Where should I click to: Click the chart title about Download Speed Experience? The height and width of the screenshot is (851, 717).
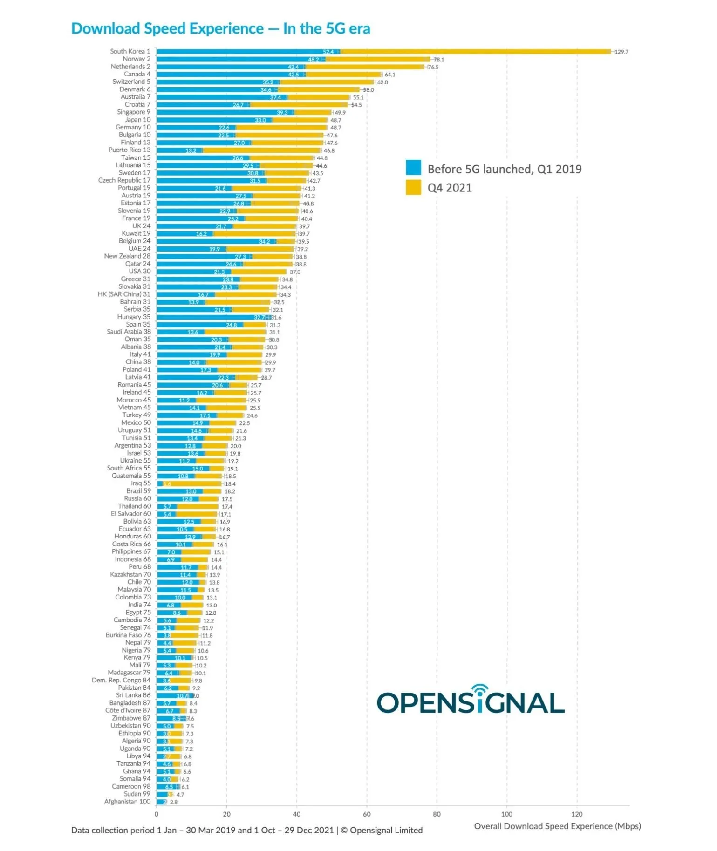[220, 28]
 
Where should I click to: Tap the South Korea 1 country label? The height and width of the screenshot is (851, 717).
[130, 51]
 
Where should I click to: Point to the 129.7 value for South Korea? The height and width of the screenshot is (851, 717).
[621, 52]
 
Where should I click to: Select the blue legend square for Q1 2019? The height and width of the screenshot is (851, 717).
[413, 168]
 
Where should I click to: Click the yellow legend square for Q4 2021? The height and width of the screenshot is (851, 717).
[413, 187]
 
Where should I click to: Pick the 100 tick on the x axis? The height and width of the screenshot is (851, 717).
[506, 814]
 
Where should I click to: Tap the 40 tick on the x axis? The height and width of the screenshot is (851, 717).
[297, 814]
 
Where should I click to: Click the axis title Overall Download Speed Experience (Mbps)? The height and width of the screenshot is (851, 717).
[557, 826]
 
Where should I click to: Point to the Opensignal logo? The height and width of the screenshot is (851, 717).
[471, 701]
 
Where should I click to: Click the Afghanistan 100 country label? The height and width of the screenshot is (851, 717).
[127, 802]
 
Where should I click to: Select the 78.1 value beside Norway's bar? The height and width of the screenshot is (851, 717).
[439, 60]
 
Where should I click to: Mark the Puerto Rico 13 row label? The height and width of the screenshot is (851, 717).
[130, 150]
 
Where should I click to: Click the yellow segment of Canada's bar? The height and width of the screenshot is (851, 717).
[345, 75]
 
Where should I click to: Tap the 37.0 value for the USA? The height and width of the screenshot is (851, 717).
[295, 272]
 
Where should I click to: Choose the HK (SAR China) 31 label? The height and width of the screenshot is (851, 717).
[124, 294]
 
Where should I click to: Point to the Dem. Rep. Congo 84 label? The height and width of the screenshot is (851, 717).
[121, 680]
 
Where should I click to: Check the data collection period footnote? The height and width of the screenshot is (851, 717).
[246, 830]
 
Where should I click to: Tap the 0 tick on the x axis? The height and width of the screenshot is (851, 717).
[157, 814]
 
